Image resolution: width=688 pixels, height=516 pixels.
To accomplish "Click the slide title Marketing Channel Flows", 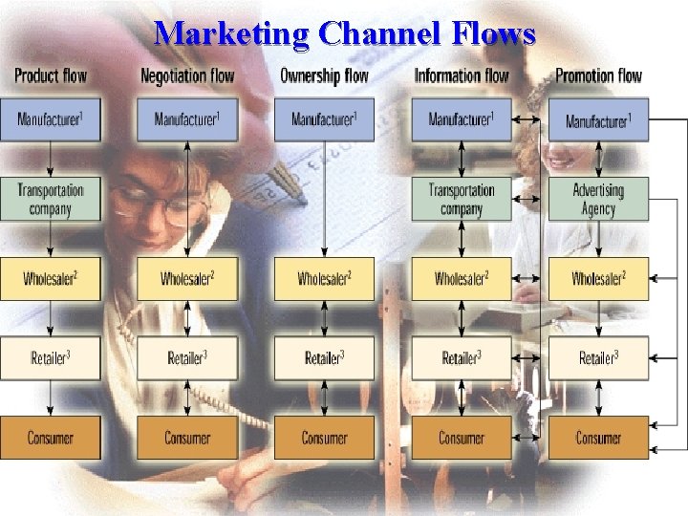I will pos(345,34).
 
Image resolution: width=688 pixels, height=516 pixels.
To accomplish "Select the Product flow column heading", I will pos(51,75).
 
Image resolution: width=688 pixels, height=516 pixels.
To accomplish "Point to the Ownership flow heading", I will pos(324,75).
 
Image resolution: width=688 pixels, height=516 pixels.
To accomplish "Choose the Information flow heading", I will pos(462,75).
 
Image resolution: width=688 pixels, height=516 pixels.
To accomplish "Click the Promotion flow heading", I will pos(599,75).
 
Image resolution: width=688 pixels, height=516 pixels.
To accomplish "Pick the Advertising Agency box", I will pos(598,199).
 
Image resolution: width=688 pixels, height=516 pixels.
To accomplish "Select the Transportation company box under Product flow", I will pos(51,199).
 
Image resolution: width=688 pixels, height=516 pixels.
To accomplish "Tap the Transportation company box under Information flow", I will pos(462,199).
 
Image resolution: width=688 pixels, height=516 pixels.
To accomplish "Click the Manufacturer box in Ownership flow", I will pos(324,119).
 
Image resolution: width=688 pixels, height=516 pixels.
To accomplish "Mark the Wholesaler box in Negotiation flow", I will pos(187,279).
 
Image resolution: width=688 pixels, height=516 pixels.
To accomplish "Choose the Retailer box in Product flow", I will pos(51,358).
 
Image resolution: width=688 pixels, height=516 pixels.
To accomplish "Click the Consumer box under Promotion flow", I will pos(598,438).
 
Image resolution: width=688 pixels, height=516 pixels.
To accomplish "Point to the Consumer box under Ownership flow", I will pos(324,438).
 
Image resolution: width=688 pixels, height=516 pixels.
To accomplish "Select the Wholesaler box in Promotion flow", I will pos(598,279).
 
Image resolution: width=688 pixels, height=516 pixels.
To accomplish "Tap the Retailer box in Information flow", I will pos(462,358).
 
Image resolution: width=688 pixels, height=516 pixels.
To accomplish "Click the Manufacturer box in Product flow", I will pos(51,119).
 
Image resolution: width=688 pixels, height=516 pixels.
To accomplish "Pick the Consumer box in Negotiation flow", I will pos(187,438).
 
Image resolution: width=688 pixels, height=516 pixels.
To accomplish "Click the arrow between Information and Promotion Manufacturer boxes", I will pos(529,119).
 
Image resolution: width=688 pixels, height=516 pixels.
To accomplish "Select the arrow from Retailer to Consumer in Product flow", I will pos(51,398).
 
